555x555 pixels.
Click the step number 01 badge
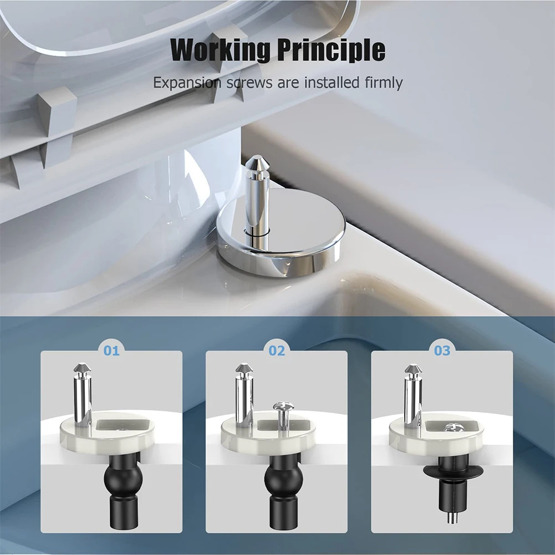(111, 350)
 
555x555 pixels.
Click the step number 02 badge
(277, 350)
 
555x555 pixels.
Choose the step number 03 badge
(442, 350)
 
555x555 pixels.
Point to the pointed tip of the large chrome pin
(257, 162)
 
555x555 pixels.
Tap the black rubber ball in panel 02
(283, 477)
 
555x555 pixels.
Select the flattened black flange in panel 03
(452, 471)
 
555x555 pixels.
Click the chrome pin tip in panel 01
(82, 369)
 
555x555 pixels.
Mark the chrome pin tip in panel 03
(413, 369)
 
